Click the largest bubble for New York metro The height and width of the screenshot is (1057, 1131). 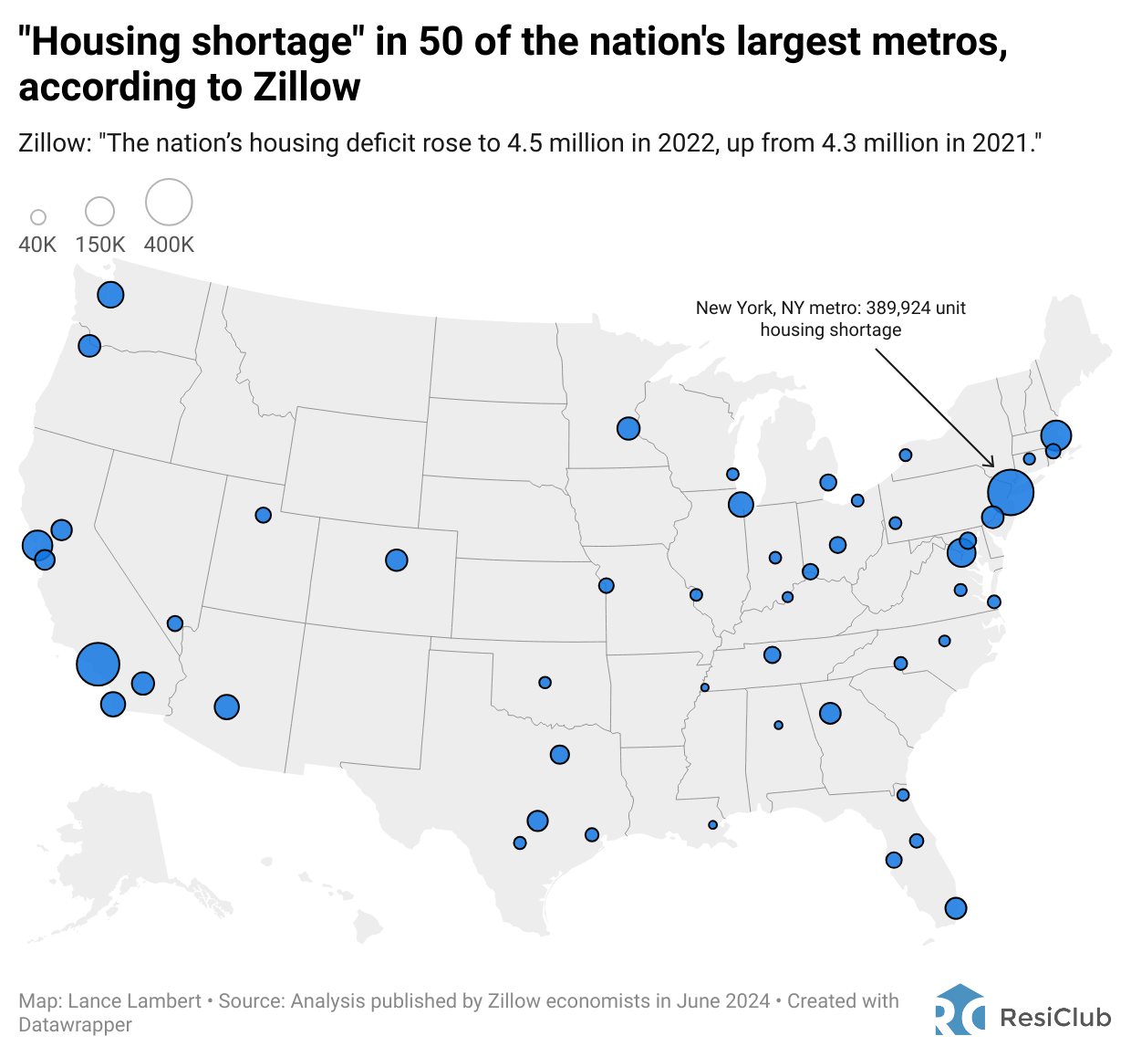(1010, 492)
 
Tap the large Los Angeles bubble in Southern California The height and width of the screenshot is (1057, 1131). (99, 664)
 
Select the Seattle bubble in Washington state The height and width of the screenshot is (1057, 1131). (110, 295)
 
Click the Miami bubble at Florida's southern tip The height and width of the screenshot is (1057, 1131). (955, 908)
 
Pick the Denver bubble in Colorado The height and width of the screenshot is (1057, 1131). (396, 560)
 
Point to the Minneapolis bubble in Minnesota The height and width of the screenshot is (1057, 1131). (628, 428)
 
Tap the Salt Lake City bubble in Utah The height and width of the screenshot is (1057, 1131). (264, 515)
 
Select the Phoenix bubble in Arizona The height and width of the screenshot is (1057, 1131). (226, 706)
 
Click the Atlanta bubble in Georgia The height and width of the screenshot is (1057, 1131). (830, 713)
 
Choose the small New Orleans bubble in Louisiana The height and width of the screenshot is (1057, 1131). (712, 825)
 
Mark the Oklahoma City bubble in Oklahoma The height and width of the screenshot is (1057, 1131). (545, 682)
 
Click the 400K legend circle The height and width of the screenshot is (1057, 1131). (169, 202)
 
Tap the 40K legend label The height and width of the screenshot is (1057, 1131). (37, 245)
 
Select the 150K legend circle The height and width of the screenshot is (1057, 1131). (99, 211)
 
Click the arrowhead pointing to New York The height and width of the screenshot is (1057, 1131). (991, 466)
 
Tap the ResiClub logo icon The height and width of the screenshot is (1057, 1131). (960, 1010)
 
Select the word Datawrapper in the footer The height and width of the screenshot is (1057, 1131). (75, 1025)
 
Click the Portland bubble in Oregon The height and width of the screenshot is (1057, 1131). (88, 346)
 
